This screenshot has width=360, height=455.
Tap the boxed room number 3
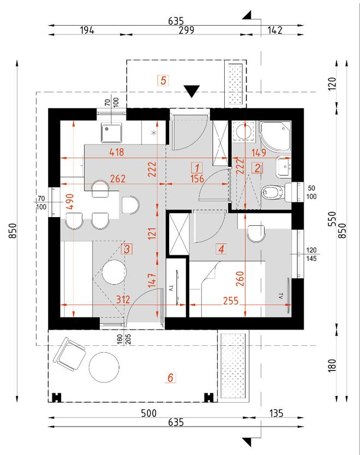click(127, 249)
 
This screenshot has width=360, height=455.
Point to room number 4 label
click(221, 249)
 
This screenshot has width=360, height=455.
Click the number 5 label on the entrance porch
click(163, 81)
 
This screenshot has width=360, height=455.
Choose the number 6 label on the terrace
click(170, 377)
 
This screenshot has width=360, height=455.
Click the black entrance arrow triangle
click(192, 91)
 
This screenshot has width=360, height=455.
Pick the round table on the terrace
click(103, 367)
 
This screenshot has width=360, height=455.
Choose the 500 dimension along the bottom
click(148, 413)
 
